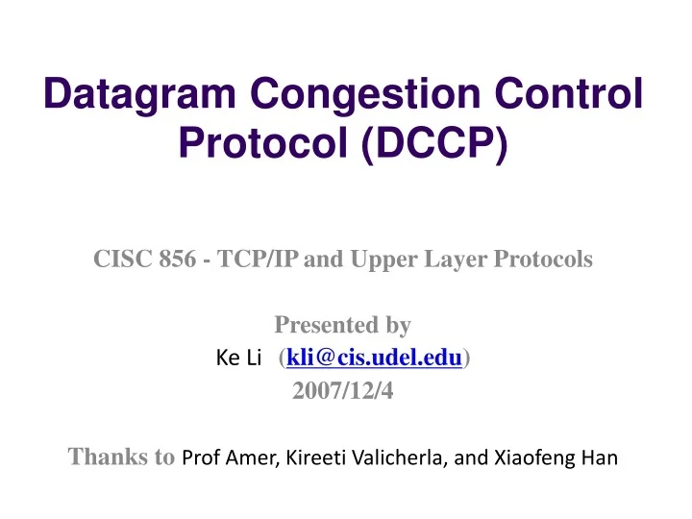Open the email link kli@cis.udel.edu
374,358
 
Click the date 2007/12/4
343,390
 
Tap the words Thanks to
121,457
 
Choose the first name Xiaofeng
525,458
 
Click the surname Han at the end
595,458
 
